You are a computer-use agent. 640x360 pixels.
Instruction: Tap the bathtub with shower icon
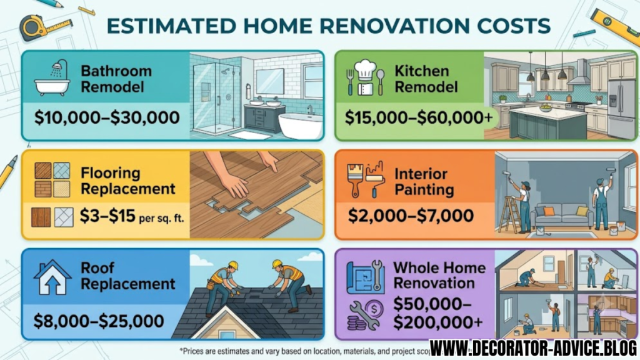pos(51,77)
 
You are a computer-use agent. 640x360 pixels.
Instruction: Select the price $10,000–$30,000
pos(107,117)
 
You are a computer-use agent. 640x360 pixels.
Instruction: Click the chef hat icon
pos(364,70)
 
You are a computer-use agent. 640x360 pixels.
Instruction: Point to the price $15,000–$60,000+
pos(419,117)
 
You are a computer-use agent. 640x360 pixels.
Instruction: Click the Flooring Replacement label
pos(127,181)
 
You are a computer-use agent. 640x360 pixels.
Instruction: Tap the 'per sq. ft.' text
pos(162,218)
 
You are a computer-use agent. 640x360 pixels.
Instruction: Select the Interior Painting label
pos(424,182)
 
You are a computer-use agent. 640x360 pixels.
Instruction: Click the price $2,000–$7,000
pos(411,216)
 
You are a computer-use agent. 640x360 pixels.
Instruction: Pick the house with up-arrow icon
pos(52,277)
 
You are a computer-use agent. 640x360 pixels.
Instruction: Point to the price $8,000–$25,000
pos(99,321)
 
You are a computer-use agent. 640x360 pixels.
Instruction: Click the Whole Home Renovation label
pos(439,275)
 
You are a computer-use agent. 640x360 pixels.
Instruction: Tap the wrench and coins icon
pos(366,315)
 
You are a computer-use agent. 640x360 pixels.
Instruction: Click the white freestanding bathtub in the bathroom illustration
pos(301,126)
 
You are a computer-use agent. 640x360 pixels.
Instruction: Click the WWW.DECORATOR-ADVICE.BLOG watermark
pos(533,348)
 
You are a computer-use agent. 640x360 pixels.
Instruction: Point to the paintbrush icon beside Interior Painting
pos(355,179)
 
